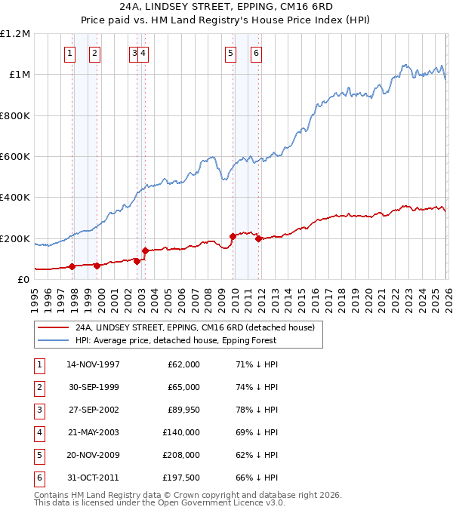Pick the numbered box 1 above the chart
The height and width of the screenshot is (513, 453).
(x=69, y=53)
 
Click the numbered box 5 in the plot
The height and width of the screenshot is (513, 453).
(x=230, y=53)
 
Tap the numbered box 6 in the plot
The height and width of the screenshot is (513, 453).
(x=257, y=53)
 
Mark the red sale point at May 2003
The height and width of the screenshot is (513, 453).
(x=144, y=250)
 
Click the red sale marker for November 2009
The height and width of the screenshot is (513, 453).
(x=232, y=237)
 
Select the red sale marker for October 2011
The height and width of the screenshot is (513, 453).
(x=258, y=239)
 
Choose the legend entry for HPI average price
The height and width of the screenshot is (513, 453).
(x=176, y=340)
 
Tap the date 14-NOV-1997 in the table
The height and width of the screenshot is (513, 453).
(x=93, y=364)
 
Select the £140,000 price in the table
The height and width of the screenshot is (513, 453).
(x=181, y=432)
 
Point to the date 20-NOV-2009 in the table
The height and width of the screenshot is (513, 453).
(x=93, y=455)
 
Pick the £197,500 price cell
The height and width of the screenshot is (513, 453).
(x=181, y=478)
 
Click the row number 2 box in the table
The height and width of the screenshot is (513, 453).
(x=39, y=387)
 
